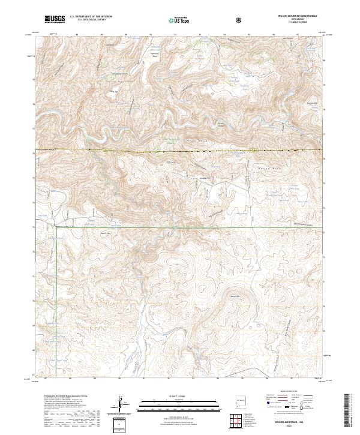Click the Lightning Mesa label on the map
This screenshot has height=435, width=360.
tap(153, 54)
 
